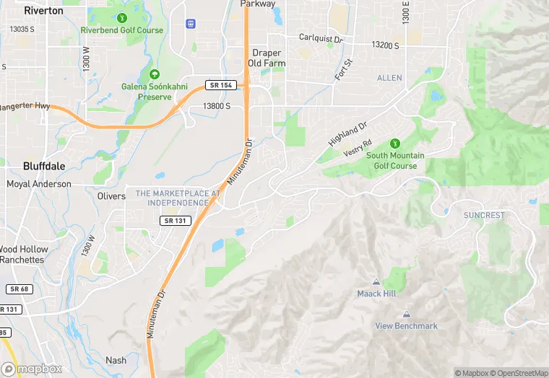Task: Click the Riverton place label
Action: click(x=43, y=11)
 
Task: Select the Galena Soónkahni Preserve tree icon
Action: click(x=153, y=74)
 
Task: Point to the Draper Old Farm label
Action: click(x=267, y=58)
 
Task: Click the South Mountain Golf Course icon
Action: click(x=394, y=143)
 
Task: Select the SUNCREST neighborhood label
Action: click(x=484, y=215)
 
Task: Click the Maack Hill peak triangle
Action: click(x=376, y=281)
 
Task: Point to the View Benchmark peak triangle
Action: click(x=406, y=315)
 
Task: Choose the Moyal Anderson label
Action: click(x=39, y=184)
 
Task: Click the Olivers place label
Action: click(x=111, y=195)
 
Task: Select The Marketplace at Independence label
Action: click(x=178, y=198)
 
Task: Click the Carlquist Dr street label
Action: click(x=321, y=38)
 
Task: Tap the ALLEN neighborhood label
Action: click(x=389, y=77)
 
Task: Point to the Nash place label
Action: click(x=116, y=361)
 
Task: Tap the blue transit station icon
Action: click(x=191, y=24)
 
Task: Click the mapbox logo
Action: click(x=32, y=369)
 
